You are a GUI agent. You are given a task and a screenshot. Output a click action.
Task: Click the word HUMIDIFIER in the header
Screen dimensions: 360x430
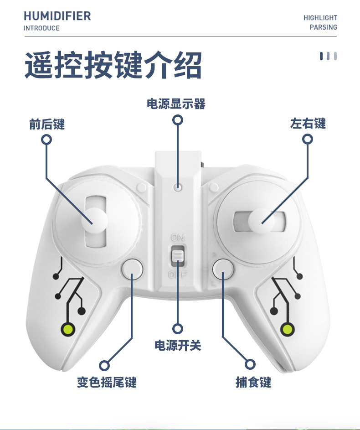pyautogui.click(x=57, y=16)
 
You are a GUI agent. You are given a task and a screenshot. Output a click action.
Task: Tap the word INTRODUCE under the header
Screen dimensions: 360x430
pyautogui.click(x=41, y=28)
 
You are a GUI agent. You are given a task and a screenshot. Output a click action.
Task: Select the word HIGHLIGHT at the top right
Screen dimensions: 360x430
pyautogui.click(x=320, y=18)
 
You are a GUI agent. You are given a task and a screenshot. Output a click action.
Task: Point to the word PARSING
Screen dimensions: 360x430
pyautogui.click(x=324, y=27)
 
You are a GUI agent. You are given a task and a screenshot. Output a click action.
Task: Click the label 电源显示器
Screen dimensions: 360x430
pyautogui.click(x=176, y=104)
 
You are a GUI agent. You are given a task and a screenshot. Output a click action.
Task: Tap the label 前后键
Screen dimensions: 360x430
pyautogui.click(x=47, y=124)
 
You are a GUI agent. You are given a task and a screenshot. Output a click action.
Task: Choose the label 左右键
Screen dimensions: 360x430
pyautogui.click(x=308, y=124)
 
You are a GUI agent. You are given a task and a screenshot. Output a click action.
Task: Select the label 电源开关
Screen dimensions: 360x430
pyautogui.click(x=178, y=346)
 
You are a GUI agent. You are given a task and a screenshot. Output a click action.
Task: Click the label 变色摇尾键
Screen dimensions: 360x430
pyautogui.click(x=107, y=382)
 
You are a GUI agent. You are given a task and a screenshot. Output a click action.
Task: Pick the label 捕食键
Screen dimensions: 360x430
pyautogui.click(x=253, y=382)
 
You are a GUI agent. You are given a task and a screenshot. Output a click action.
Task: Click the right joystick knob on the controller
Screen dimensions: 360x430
pyautogui.click(x=261, y=220)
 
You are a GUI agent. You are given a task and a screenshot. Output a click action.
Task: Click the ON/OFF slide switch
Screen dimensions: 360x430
pyautogui.click(x=178, y=257)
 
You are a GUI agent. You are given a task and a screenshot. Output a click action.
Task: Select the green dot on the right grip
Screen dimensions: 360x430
pyautogui.click(x=288, y=328)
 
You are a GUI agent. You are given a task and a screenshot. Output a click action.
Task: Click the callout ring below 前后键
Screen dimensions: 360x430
pyautogui.click(x=46, y=140)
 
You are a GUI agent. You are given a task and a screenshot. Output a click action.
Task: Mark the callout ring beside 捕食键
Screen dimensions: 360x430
pyautogui.click(x=250, y=364)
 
